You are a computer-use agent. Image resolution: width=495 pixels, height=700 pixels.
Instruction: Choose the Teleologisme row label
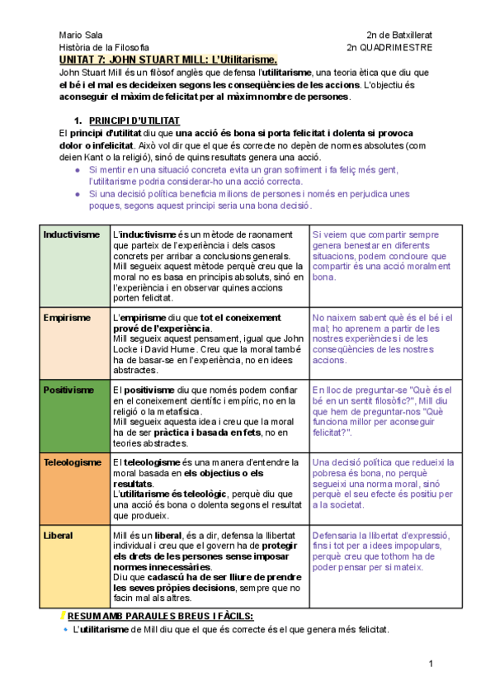click(x=73, y=462)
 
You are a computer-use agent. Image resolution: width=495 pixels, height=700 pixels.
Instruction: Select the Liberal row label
click(x=58, y=536)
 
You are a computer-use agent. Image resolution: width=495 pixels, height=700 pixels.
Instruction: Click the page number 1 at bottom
click(x=430, y=665)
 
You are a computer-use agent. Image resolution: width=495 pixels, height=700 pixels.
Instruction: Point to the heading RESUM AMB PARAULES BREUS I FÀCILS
click(x=160, y=617)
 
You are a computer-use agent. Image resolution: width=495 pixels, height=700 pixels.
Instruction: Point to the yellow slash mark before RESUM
click(x=64, y=617)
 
